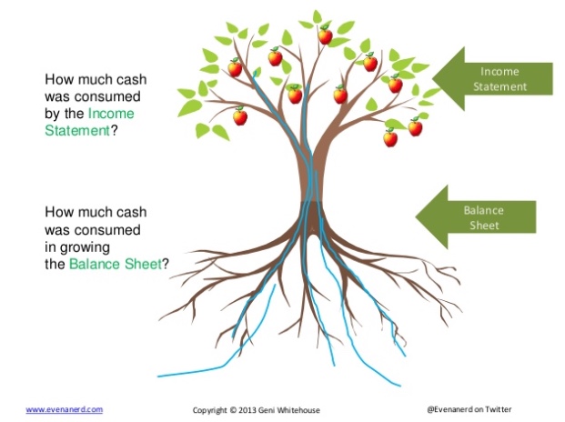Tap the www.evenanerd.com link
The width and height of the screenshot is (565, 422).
64,409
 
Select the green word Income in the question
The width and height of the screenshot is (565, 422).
112,114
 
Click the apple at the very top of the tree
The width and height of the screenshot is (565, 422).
325,35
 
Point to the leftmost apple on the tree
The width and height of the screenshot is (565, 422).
235,67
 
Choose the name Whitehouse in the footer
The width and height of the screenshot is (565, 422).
300,410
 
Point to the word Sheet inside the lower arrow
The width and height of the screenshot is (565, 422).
483,226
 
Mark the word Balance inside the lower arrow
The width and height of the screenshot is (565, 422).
483,210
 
